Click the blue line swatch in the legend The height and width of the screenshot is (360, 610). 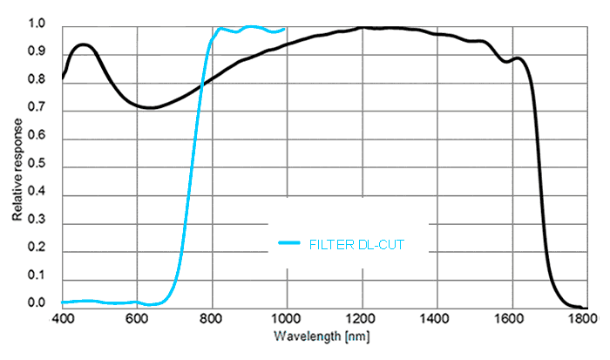pos(289,244)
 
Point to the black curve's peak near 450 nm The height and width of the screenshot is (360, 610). pos(83,44)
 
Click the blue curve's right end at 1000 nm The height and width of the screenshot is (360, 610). pos(285,29)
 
